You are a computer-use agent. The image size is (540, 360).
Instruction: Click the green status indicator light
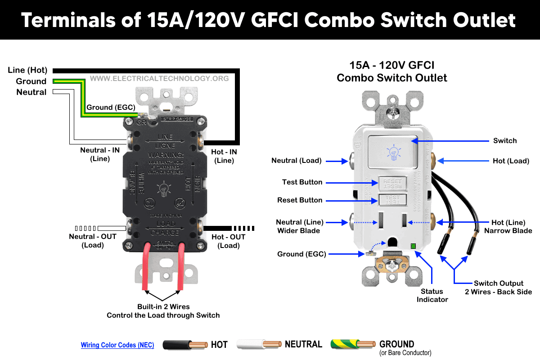413,246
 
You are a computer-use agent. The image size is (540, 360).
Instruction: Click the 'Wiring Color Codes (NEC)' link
117,345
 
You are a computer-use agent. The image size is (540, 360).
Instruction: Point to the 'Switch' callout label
505,141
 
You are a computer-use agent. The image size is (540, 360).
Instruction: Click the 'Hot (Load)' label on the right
510,161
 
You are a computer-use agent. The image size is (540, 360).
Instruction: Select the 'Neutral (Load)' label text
296,161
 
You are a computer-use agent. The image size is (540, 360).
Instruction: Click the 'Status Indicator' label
432,295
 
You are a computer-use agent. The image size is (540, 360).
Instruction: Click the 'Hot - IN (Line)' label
224,156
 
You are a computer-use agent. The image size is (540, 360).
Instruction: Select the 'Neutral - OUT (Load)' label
93,241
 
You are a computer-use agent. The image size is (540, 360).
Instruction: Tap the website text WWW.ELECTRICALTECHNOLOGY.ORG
159,78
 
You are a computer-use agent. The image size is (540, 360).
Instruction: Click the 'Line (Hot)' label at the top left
27,70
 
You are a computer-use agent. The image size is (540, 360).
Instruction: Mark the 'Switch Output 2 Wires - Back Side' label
499,288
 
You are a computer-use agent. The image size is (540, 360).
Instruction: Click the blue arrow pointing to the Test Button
351,182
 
